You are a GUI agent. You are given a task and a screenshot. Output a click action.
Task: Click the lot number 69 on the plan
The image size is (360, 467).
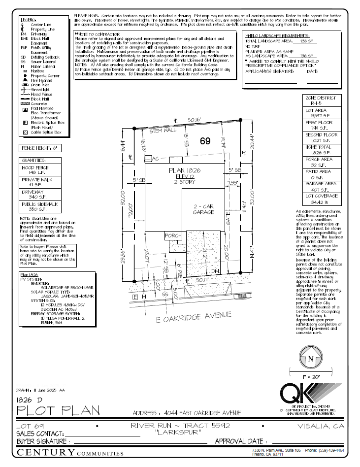pos(205,141)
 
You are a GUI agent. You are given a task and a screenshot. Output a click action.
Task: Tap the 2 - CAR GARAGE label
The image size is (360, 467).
pos(203,208)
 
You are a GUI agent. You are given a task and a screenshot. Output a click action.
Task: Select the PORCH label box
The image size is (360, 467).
pos(173,235)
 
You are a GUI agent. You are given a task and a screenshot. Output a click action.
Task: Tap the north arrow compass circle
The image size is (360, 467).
pos(310,359)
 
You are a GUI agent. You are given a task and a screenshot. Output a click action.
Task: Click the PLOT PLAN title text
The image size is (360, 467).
pos(58,410)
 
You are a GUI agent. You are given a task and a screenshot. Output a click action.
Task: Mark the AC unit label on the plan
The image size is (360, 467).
pos(156,159)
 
